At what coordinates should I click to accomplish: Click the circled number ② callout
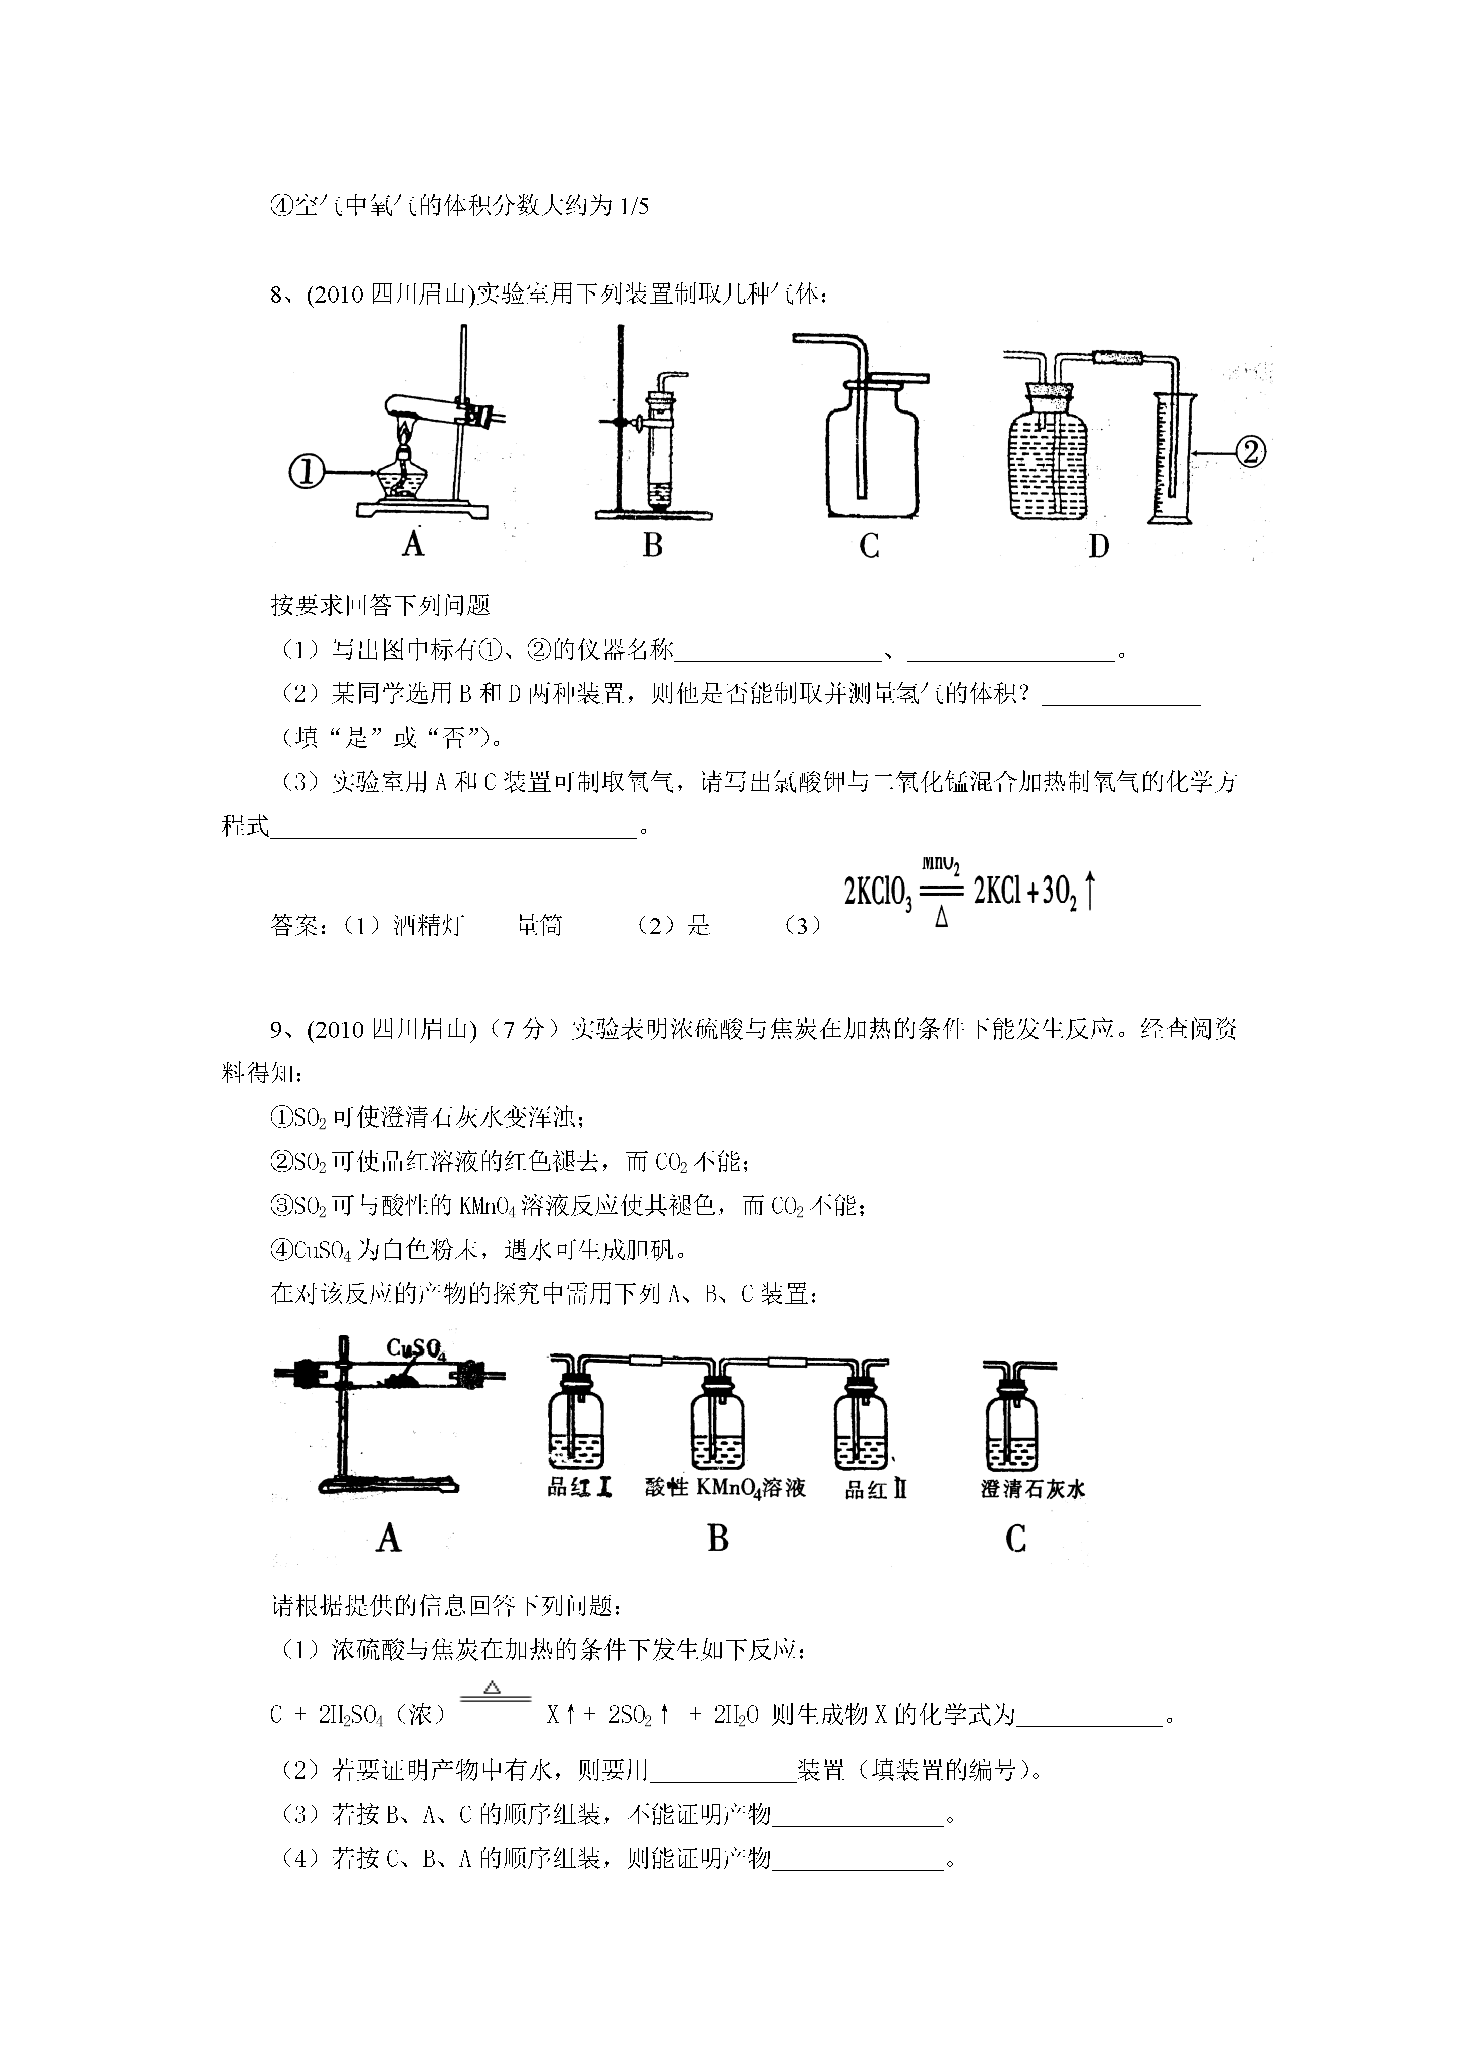point(1250,451)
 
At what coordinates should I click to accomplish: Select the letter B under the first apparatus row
point(653,545)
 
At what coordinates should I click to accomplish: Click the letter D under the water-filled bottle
point(1099,546)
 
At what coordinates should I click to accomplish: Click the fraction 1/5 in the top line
point(634,207)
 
